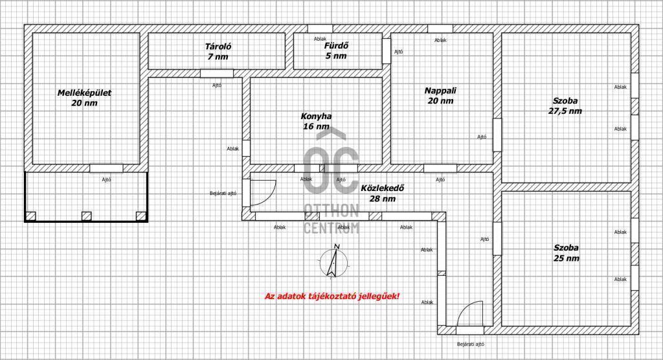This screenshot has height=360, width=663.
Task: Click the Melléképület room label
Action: (84, 98)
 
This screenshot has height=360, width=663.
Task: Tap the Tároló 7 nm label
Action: (218, 52)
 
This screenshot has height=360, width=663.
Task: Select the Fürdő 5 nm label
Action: (336, 51)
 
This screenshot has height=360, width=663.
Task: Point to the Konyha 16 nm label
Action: (316, 121)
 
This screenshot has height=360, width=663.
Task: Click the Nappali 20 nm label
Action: (440, 96)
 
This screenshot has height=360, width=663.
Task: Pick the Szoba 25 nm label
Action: (566, 253)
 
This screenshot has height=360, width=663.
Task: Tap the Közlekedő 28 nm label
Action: (382, 194)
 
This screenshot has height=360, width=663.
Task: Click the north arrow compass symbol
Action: (333, 262)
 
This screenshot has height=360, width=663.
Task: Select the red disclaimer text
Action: (332, 296)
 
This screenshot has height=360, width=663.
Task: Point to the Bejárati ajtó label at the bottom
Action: (471, 344)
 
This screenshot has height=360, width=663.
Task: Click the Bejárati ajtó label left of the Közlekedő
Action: (223, 194)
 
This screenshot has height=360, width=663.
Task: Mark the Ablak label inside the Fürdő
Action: (320, 39)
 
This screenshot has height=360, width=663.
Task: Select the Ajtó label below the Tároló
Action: (216, 85)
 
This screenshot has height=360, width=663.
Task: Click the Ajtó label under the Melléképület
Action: (106, 180)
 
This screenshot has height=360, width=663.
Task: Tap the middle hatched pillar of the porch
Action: (86, 216)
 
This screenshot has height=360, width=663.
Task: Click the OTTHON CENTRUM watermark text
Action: (331, 218)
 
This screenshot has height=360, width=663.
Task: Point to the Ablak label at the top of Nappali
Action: (440, 40)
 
